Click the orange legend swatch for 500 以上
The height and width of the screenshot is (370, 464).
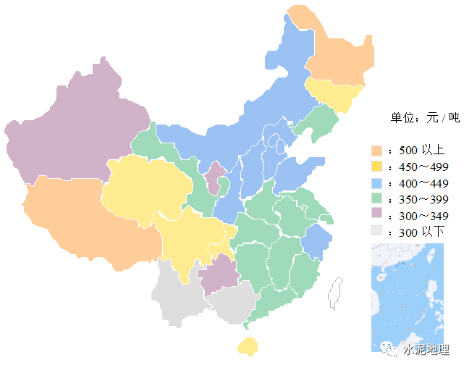coord(376,151)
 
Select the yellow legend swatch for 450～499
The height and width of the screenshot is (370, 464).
coord(376,167)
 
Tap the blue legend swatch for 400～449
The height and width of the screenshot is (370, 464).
coord(376,182)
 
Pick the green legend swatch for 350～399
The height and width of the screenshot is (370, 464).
coord(376,198)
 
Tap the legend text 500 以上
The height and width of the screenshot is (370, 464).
coord(421,151)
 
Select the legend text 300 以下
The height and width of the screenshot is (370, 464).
coord(421,232)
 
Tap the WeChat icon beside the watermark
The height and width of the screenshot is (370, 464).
coord(391,350)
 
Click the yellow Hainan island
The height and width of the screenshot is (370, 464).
coord(248,345)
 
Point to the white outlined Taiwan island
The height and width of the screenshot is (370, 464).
coord(335,293)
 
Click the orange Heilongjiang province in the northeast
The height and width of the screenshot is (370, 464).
coord(337,54)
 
